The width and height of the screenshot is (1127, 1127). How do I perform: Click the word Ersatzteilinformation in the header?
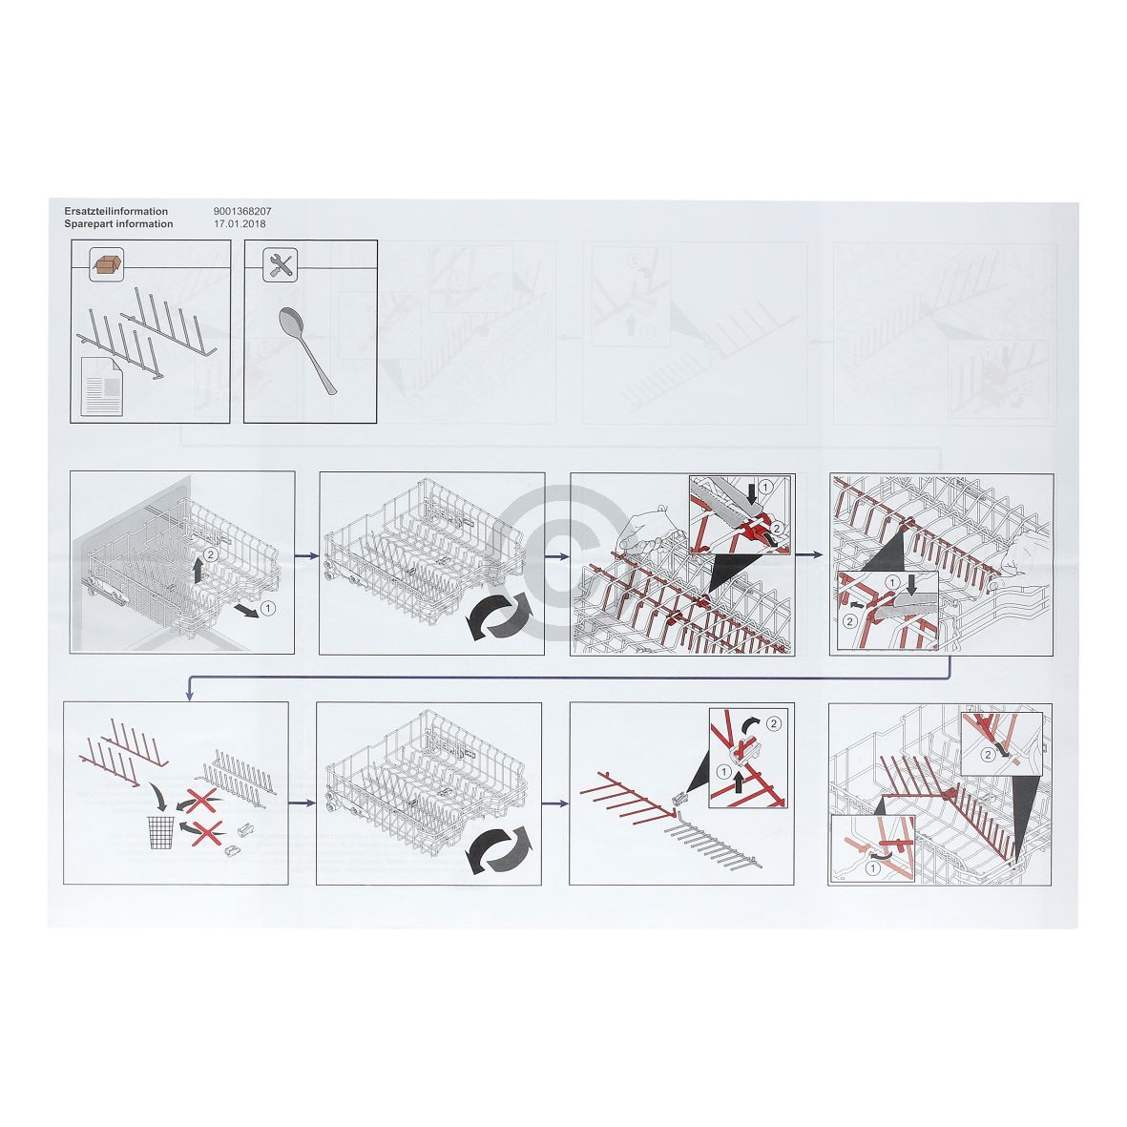(x=115, y=211)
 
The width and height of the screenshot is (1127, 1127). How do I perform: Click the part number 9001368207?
(x=242, y=211)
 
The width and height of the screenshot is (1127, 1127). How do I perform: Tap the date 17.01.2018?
(x=240, y=223)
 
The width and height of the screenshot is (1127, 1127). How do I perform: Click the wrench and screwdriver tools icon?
(x=281, y=264)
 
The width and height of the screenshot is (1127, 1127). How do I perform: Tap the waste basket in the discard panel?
(x=161, y=832)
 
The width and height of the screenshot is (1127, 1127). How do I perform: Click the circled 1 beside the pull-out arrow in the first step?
(x=266, y=609)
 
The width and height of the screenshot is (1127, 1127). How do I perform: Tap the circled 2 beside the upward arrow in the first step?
(x=210, y=554)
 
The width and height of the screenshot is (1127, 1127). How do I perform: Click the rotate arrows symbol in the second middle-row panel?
(x=500, y=615)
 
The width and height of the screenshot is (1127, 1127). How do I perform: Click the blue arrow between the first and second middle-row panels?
(x=307, y=555)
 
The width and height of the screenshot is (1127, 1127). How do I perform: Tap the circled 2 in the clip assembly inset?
(x=773, y=723)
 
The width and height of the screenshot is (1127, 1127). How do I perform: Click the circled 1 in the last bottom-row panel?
(x=873, y=868)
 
